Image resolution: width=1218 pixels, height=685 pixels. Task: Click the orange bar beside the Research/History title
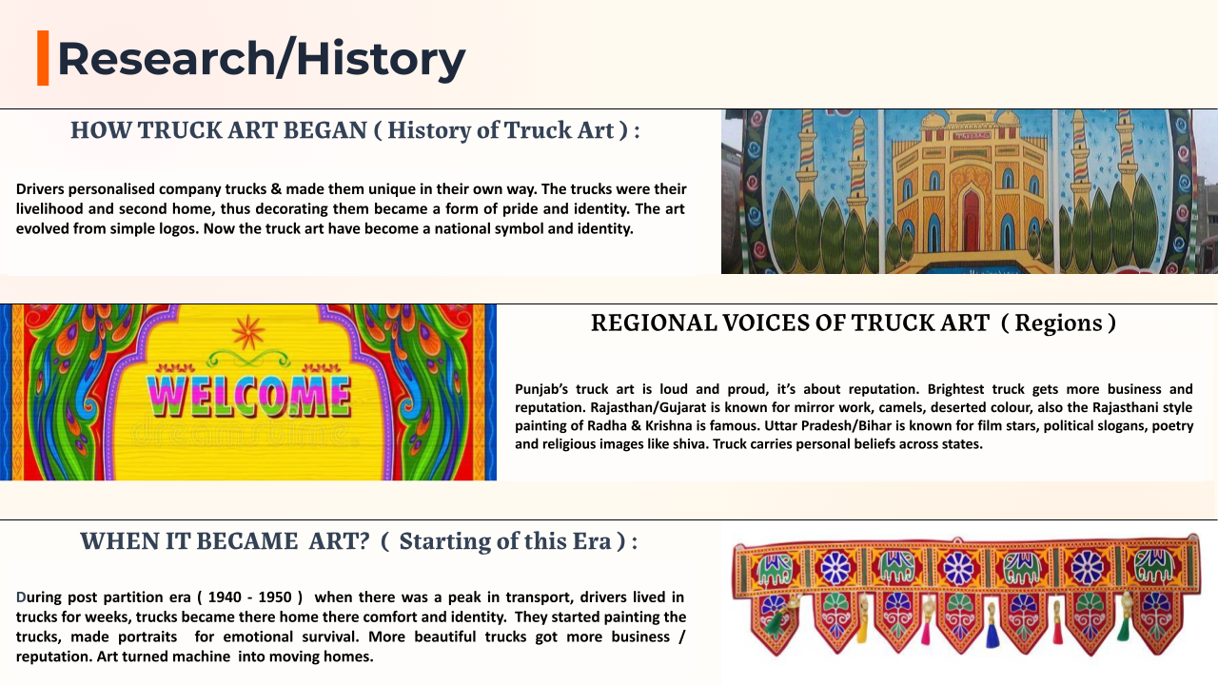pyautogui.click(x=43, y=58)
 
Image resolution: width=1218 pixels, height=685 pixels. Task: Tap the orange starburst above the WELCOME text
pyautogui.click(x=248, y=332)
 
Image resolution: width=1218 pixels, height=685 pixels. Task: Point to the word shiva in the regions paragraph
pyautogui.click(x=690, y=444)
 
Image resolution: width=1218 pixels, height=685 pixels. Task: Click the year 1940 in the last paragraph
pyautogui.click(x=225, y=597)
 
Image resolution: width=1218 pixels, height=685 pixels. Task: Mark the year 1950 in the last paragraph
pyautogui.click(x=275, y=597)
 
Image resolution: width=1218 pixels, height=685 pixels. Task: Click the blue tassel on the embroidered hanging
pyautogui.click(x=992, y=635)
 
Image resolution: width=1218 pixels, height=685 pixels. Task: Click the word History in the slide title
pyautogui.click(x=381, y=59)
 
